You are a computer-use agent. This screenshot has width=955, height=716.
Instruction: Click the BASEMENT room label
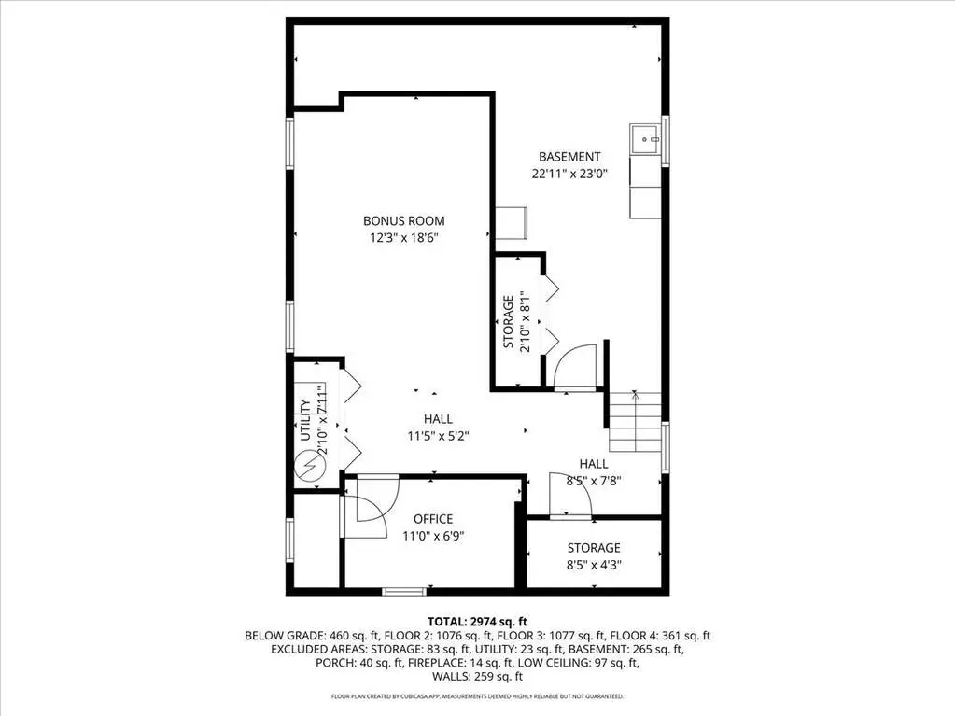point(569,157)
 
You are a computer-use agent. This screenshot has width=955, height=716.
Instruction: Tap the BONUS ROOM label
point(404,221)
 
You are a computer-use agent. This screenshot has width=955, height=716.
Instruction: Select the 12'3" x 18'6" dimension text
point(404,237)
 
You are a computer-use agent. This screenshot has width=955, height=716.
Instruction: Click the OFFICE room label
point(433,519)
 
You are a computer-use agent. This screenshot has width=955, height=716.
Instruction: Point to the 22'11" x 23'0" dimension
point(569,175)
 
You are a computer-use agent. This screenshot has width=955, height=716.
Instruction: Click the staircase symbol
point(635,421)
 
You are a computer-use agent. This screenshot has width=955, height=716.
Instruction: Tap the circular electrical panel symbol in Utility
point(310,467)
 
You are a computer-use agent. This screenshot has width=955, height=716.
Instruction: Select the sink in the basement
point(646,139)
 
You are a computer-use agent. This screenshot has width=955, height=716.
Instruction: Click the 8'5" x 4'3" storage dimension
point(594,565)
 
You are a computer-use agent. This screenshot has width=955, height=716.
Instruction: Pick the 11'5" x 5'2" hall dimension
point(438,436)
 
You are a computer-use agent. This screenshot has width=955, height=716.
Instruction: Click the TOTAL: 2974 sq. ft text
point(477,622)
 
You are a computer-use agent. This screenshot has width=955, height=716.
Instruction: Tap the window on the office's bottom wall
point(404,591)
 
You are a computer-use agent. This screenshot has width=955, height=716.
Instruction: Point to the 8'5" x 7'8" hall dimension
point(594,481)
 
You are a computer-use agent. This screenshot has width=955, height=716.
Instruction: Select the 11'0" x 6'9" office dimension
point(433,536)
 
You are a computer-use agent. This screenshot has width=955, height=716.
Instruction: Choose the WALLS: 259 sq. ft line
point(477,676)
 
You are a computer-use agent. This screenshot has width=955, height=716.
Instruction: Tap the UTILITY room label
point(306,420)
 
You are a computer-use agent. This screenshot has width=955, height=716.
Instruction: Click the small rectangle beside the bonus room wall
point(511,223)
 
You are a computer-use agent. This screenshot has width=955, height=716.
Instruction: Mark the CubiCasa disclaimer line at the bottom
point(477,695)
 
